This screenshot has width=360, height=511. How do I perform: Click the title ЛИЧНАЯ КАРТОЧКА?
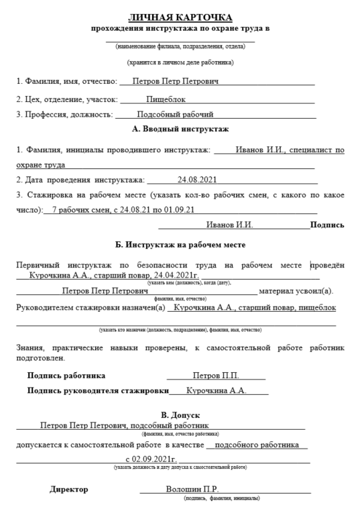(x=180, y=16)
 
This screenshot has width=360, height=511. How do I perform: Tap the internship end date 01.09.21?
(x=180, y=210)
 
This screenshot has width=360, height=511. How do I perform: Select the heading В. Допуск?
(x=180, y=414)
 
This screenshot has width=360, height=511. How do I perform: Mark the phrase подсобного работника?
(x=258, y=445)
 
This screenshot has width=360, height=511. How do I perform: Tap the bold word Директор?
(x=68, y=490)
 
